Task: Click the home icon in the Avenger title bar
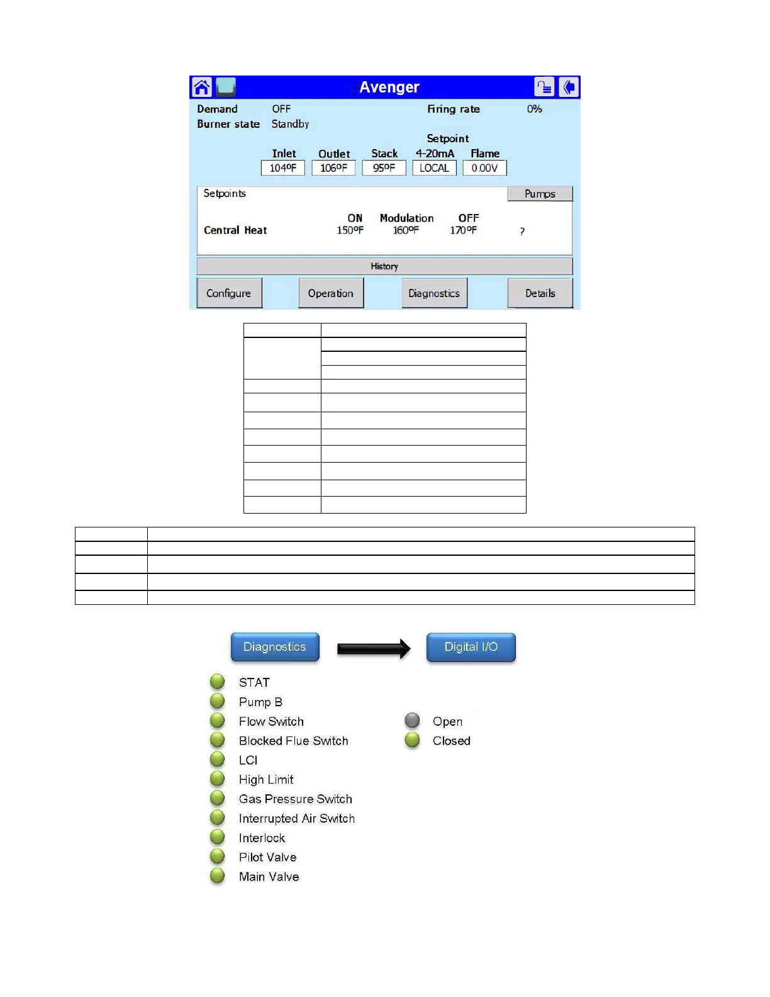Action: click(x=202, y=87)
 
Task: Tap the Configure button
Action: click(x=229, y=293)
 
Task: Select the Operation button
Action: click(x=331, y=293)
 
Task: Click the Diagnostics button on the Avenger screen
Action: click(x=434, y=293)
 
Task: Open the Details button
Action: click(x=540, y=293)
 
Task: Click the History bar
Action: click(x=384, y=266)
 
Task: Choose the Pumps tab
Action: click(x=540, y=194)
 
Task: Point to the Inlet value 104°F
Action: click(x=283, y=168)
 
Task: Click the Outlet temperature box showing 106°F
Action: click(x=333, y=168)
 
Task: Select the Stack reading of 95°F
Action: click(x=384, y=168)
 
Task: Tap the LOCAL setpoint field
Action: click(x=434, y=168)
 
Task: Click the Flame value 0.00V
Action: click(x=484, y=168)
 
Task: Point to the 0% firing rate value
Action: click(x=534, y=109)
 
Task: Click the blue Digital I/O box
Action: click(x=471, y=647)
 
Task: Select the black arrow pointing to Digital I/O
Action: click(x=373, y=648)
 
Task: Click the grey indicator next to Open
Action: click(x=412, y=720)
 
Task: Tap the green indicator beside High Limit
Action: click(x=218, y=779)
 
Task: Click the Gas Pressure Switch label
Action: click(x=295, y=799)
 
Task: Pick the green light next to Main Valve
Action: click(x=218, y=876)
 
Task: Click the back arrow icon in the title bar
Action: click(x=569, y=87)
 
